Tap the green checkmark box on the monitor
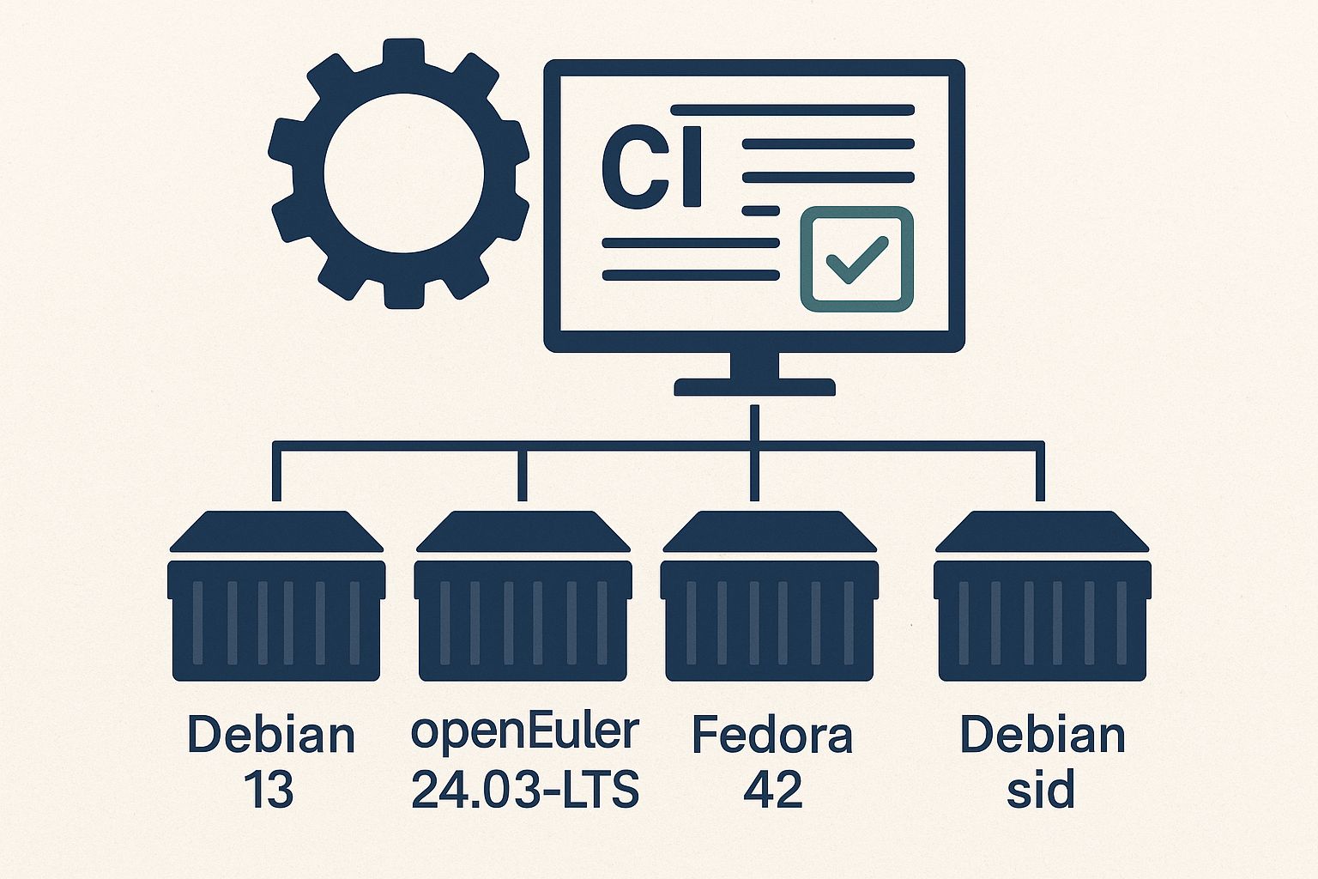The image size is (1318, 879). [855, 258]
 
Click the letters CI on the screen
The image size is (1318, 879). [652, 167]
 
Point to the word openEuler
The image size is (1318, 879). [525, 732]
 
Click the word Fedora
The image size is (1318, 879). [772, 736]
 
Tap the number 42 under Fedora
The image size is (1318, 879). [773, 790]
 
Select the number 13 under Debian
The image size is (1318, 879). [269, 790]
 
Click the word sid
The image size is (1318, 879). [1040, 790]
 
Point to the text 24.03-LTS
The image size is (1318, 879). [525, 790]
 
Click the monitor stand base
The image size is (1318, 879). [754, 387]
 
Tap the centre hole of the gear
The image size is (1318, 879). [403, 171]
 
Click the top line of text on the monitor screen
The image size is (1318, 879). [793, 110]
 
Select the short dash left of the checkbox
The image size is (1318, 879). [760, 210]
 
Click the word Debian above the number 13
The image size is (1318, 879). [271, 736]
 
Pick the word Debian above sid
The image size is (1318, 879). [1043, 736]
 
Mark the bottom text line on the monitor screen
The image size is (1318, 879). [691, 276]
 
